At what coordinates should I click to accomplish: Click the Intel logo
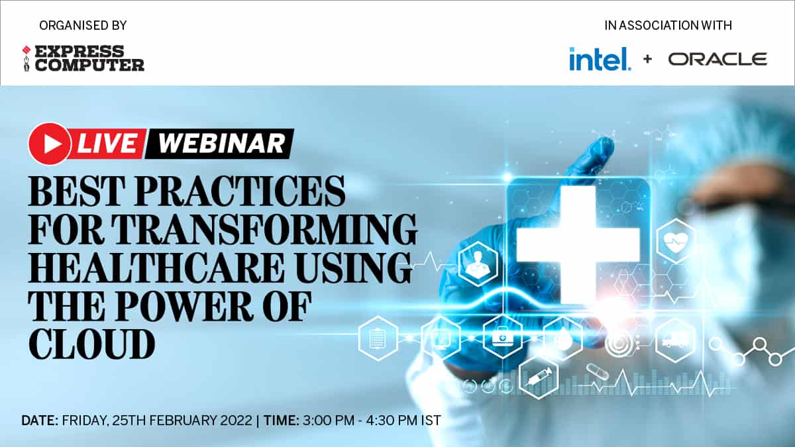tap(600, 59)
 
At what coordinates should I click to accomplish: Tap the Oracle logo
tap(717, 59)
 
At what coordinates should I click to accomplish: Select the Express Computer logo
tap(83, 58)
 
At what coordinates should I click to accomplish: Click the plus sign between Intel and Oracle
tap(647, 59)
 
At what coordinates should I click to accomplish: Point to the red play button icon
tap(50, 144)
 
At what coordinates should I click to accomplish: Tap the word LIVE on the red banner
tap(107, 144)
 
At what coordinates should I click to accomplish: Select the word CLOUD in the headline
tap(91, 344)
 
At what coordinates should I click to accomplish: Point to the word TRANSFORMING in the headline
tap(266, 229)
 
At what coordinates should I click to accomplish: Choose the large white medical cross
tap(578, 245)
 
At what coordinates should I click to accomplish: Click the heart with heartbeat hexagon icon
tap(676, 241)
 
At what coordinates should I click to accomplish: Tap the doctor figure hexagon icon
tap(478, 264)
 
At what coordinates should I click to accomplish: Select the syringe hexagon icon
tap(539, 377)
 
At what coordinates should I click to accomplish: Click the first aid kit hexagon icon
tap(503, 337)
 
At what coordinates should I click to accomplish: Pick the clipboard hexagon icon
tap(378, 338)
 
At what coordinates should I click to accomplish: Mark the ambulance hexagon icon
tap(675, 340)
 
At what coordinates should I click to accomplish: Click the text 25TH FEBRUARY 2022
tap(182, 421)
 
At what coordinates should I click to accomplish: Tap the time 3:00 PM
tap(329, 421)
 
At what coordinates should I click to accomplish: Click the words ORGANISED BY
tap(83, 26)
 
